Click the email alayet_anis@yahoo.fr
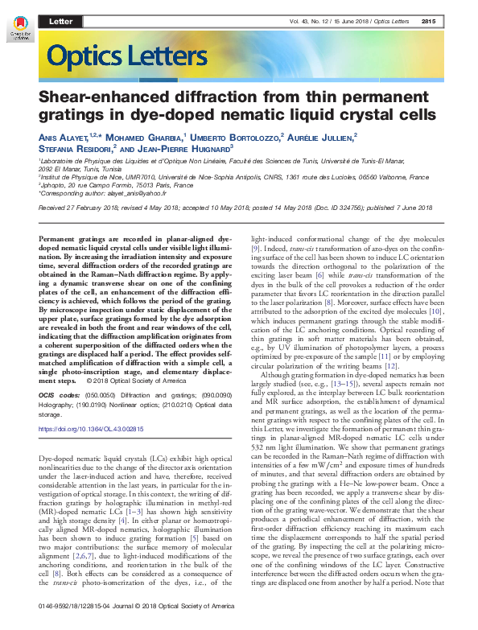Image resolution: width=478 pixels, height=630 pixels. (152, 193)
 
